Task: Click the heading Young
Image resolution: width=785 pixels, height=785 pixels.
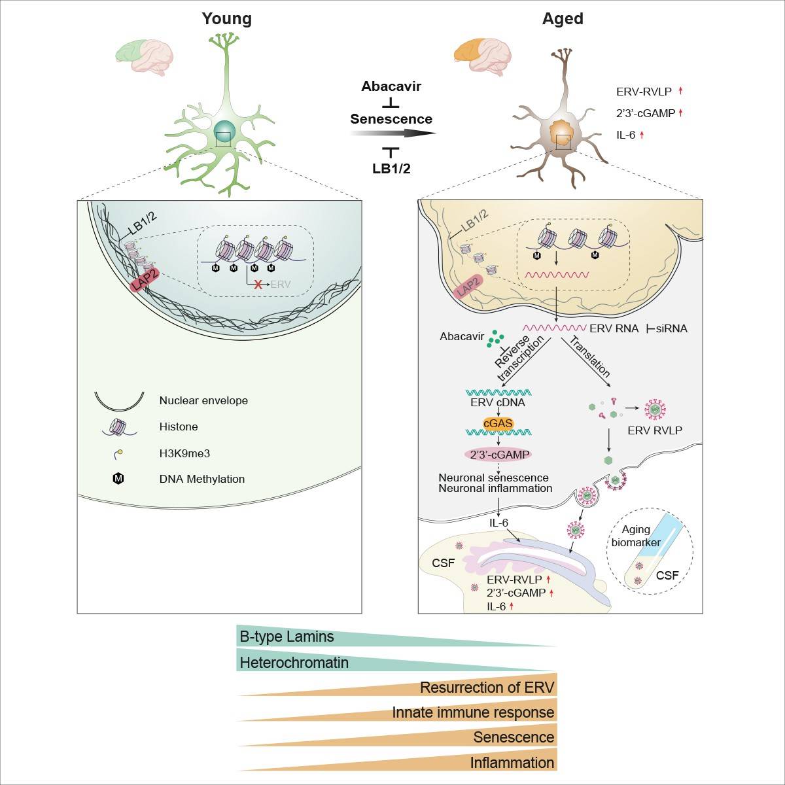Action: point(226,19)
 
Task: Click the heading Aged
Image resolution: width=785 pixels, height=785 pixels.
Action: point(563,19)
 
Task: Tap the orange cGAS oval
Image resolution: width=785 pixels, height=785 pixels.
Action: point(498,423)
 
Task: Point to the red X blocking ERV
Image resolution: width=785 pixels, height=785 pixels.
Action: point(258,285)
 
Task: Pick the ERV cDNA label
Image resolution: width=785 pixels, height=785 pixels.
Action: point(498,402)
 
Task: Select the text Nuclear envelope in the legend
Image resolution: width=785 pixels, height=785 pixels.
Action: point(203,400)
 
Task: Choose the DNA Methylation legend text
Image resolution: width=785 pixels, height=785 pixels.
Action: point(201,479)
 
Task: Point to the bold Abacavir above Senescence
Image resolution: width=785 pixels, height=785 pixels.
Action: point(391,86)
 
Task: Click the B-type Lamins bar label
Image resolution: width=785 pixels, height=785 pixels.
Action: point(287,637)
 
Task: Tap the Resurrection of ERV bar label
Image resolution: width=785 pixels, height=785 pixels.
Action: point(487,688)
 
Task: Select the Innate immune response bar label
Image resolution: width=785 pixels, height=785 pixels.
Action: point(473,712)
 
